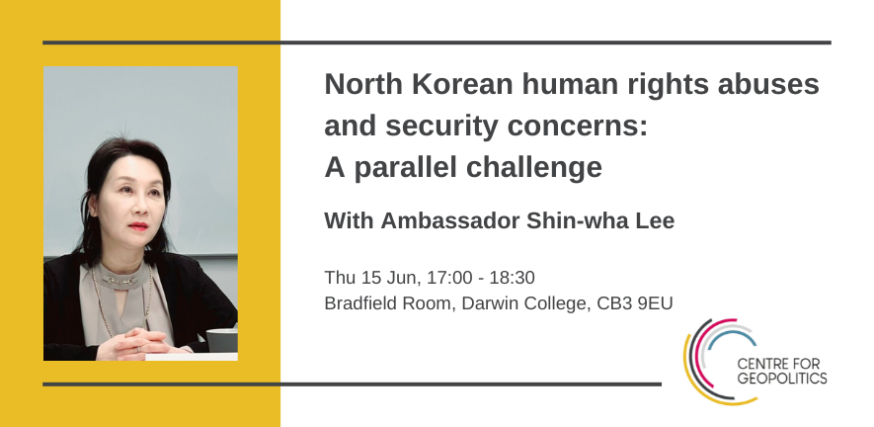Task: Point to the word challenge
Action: tap(537, 168)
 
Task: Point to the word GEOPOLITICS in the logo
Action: tap(782, 379)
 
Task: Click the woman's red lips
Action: tap(137, 226)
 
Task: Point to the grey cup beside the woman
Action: tap(222, 340)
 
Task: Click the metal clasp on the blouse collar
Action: tap(119, 280)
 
